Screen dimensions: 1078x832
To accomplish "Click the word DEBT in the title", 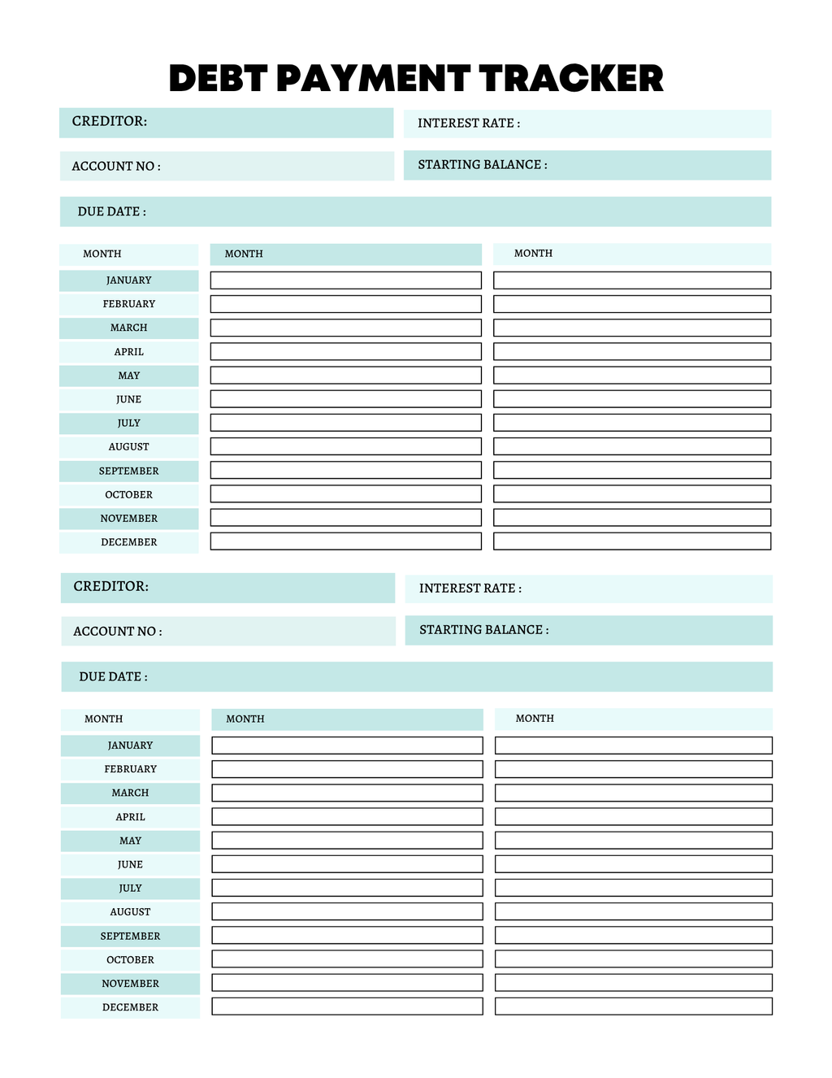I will point(218,79).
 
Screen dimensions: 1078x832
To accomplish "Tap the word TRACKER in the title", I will point(570,79).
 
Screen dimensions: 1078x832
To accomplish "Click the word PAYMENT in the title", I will point(373,79).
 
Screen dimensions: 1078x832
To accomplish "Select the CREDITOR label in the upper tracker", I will point(110,121).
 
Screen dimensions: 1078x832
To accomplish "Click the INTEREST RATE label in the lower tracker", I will point(470,589).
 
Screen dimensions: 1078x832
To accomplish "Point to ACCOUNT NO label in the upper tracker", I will point(116,166).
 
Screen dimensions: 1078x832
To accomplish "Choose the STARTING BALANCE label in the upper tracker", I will point(483,165).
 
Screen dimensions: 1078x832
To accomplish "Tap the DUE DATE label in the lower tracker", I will point(113,676).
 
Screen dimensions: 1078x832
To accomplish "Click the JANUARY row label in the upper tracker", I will point(128,280).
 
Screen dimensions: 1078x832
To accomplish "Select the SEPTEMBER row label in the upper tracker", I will point(128,471).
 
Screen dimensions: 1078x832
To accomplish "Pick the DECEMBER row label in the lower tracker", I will point(130,1007).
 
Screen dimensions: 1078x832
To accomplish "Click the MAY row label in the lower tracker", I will point(130,841).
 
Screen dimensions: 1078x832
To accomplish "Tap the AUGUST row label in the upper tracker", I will point(128,447).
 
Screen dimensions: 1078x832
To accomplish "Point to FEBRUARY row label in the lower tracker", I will point(130,769).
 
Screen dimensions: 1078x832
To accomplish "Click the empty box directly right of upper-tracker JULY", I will point(345,423).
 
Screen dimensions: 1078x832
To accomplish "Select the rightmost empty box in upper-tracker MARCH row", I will point(631,328).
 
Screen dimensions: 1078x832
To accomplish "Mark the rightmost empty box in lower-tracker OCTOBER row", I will point(633,959).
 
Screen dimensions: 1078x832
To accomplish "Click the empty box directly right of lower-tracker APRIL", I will point(347,816).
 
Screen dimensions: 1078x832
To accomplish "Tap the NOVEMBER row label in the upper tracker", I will point(128,519).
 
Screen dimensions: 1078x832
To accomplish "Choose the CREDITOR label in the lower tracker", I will point(111,586).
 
